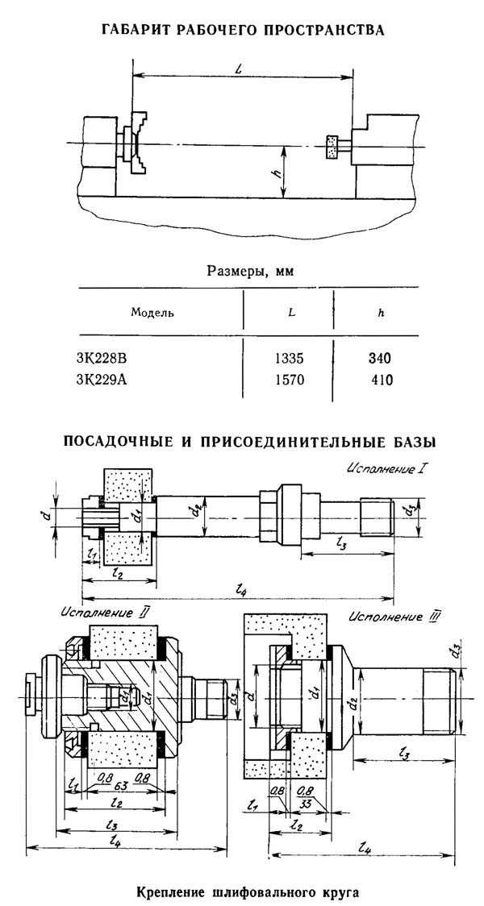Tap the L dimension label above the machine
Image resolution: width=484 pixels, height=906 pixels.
pyautogui.click(x=238, y=69)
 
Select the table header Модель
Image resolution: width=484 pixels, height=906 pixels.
pyautogui.click(x=152, y=314)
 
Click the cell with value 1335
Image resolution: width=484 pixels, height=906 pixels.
pyautogui.click(x=289, y=359)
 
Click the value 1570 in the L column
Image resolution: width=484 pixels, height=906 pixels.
pyautogui.click(x=289, y=380)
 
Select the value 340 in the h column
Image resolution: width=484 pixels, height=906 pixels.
pyautogui.click(x=381, y=359)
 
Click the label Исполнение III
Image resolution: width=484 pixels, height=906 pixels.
pyautogui.click(x=394, y=617)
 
